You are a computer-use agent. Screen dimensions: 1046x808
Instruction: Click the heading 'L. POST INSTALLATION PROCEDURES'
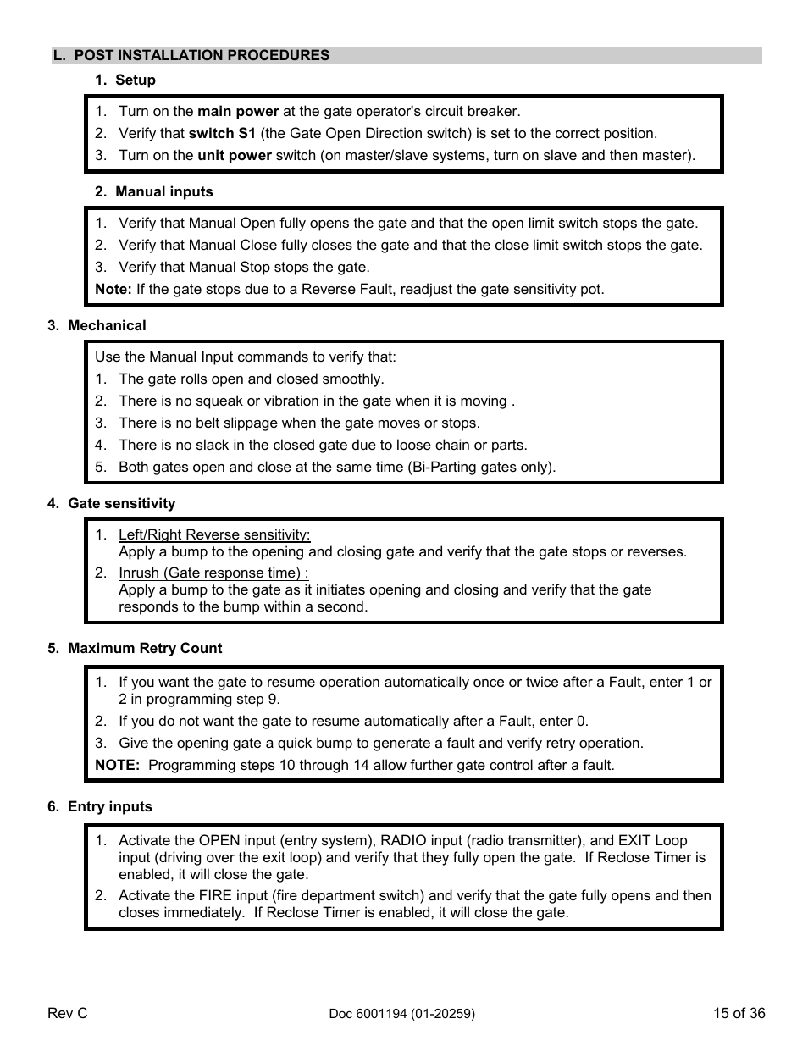pos(191,56)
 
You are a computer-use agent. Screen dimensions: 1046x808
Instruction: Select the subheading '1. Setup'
pos(125,80)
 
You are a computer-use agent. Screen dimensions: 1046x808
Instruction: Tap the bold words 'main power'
pos(238,112)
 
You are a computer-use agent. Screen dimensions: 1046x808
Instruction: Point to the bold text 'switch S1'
pos(222,134)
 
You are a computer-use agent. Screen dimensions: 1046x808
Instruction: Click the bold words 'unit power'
pos(235,156)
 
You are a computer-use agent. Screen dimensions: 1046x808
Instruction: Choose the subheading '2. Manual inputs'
pos(154,192)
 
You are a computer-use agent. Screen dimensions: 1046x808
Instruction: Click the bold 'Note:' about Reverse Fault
pos(113,290)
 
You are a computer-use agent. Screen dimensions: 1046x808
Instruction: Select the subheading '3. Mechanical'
pos(97,326)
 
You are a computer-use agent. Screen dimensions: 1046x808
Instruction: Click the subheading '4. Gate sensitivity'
pos(111,504)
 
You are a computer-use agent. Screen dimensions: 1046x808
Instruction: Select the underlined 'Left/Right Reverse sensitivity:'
pos(214,535)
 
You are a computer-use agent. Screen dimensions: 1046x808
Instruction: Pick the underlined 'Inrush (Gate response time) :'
pos(213,573)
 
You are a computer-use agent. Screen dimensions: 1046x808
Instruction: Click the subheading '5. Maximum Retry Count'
pos(135,649)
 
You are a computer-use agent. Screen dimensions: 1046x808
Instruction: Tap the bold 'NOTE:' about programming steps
pos(117,766)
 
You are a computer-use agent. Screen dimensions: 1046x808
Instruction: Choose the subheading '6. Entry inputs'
pos(100,807)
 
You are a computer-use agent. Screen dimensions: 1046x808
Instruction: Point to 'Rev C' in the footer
pos(68,1014)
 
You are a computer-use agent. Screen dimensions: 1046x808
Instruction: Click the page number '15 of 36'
pos(739,1014)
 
